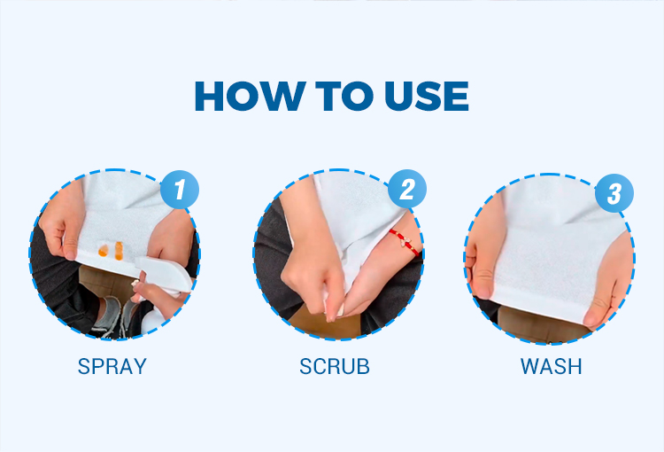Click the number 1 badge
pyautogui.click(x=180, y=189)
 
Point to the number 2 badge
pyautogui.click(x=407, y=189)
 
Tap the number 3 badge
pyautogui.click(x=614, y=193)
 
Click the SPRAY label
pyautogui.click(x=112, y=366)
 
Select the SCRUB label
pyautogui.click(x=335, y=366)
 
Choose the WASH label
pyautogui.click(x=551, y=366)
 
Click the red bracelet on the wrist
pyautogui.click(x=405, y=242)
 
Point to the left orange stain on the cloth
pyautogui.click(x=103, y=251)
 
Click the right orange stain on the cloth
pyautogui.click(x=119, y=251)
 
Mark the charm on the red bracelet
pyautogui.click(x=405, y=243)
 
